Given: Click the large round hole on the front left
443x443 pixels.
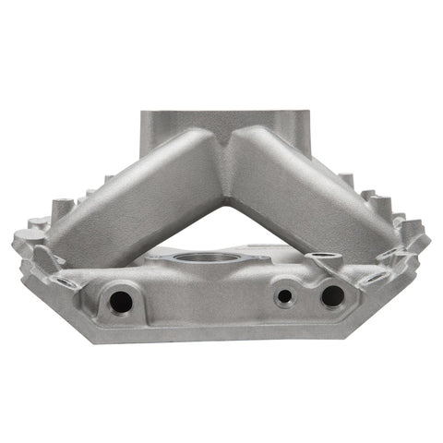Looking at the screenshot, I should (121, 300).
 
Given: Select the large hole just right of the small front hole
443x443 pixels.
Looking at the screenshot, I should (331, 295).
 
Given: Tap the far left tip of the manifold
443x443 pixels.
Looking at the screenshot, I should (15, 242).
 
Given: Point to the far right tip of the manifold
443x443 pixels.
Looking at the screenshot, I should (427, 242).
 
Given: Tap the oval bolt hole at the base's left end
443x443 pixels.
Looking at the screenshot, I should (65, 280).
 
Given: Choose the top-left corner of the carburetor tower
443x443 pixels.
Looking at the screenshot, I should (144, 114).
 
